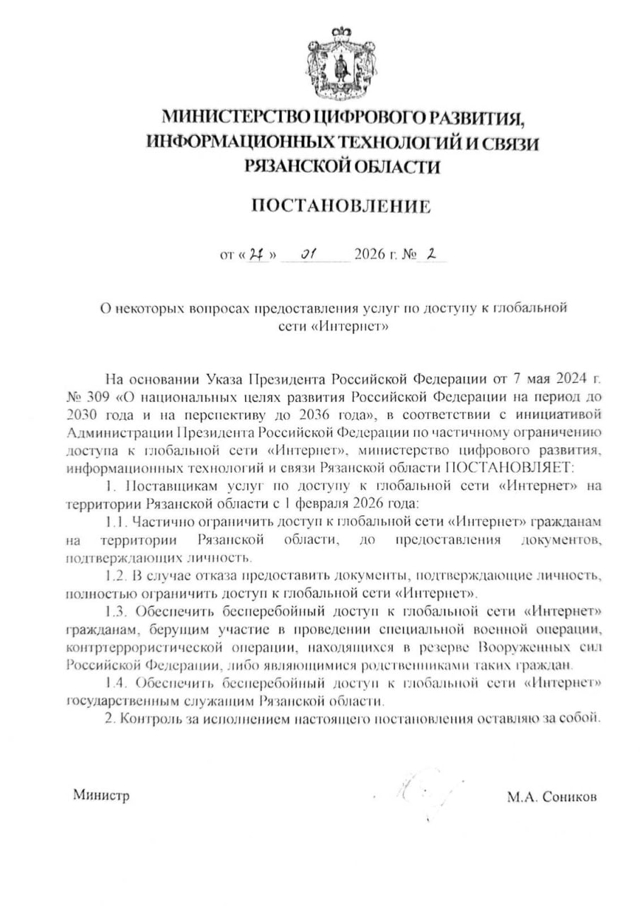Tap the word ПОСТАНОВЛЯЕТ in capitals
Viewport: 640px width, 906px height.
[511, 468]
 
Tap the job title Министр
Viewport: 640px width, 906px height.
[101, 796]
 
